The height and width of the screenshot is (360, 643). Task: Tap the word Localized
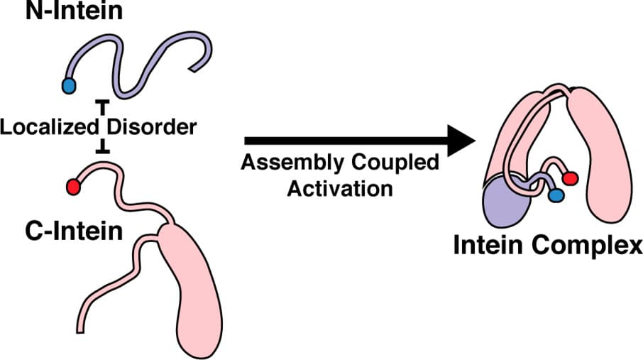(49, 128)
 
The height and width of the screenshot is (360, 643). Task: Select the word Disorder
(151, 128)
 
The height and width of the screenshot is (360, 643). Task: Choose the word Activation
(339, 189)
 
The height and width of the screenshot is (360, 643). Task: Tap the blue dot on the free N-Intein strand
(69, 86)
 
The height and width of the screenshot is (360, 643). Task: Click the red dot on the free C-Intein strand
(73, 187)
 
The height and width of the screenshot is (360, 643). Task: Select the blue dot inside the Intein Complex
(556, 194)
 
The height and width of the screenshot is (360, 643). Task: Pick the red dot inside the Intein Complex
(570, 178)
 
